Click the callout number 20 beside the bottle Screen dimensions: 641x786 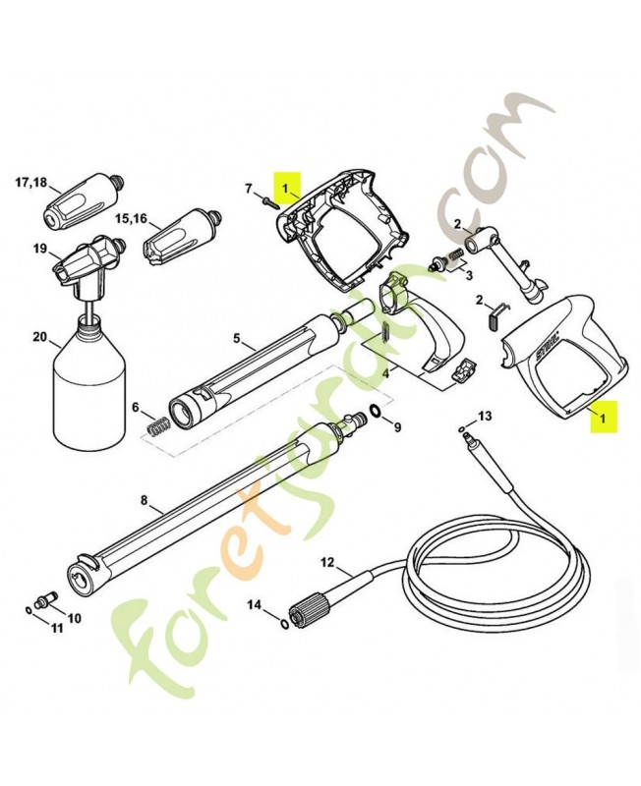(39, 337)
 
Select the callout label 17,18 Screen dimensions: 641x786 (31, 182)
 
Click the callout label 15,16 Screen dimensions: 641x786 (132, 218)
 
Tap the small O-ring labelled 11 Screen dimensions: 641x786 (29, 610)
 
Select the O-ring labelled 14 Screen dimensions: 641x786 (283, 624)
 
